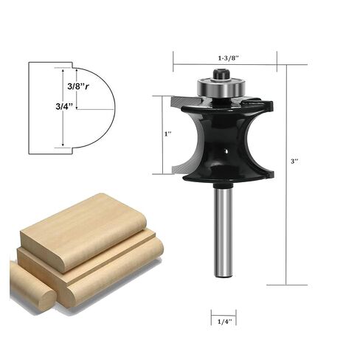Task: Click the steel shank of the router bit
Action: tap(223, 229)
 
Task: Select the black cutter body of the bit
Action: tap(221, 140)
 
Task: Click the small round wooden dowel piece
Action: tap(32, 285)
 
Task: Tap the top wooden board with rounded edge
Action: tap(81, 229)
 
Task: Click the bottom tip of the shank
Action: tap(223, 274)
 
